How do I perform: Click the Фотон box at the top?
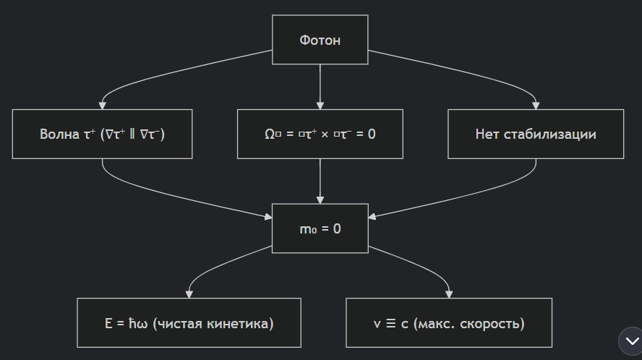[320, 40]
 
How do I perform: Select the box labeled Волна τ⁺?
[102, 134]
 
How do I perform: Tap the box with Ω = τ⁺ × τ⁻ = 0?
[320, 134]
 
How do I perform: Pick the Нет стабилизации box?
[535, 134]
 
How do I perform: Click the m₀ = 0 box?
[320, 228]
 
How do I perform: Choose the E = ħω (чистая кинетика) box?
[189, 322]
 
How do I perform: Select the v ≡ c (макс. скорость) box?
[448, 322]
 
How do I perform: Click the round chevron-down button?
[629, 340]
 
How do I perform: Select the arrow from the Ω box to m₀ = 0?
[320, 181]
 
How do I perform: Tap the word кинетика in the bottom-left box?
[241, 323]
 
